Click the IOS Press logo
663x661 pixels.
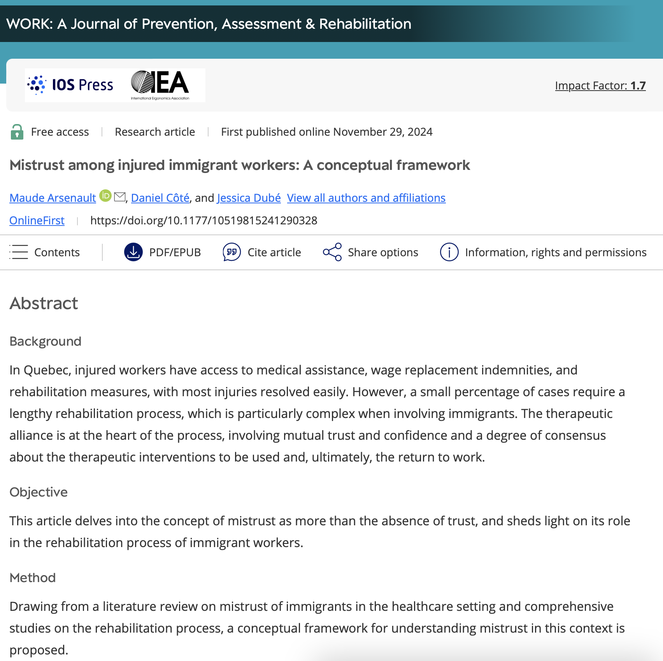pyautogui.click(x=70, y=85)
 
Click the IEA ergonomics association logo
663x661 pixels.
pyautogui.click(x=160, y=85)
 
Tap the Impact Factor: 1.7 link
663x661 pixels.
pyautogui.click(x=600, y=86)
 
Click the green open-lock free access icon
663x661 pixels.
pyautogui.click(x=17, y=132)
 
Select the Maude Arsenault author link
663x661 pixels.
pyautogui.click(x=53, y=198)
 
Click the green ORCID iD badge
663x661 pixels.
pyautogui.click(x=105, y=196)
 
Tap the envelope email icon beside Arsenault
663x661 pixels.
pyautogui.click(x=120, y=197)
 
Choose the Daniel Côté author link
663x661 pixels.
pyautogui.click(x=160, y=198)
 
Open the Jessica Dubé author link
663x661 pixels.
pyautogui.click(x=249, y=198)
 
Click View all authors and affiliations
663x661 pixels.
pyautogui.click(x=366, y=198)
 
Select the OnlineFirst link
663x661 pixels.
pyautogui.click(x=37, y=220)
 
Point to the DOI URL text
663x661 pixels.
pyautogui.click(x=203, y=220)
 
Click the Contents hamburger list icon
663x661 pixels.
pyautogui.click(x=19, y=252)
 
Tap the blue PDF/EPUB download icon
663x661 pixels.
pyautogui.click(x=133, y=252)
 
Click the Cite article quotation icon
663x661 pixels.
pyautogui.click(x=232, y=252)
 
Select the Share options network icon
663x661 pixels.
pyautogui.click(x=332, y=252)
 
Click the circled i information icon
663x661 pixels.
pyautogui.click(x=449, y=252)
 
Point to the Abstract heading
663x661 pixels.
pyautogui.click(x=44, y=303)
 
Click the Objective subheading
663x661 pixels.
pyautogui.click(x=39, y=492)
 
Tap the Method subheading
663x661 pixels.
pyautogui.click(x=33, y=577)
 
